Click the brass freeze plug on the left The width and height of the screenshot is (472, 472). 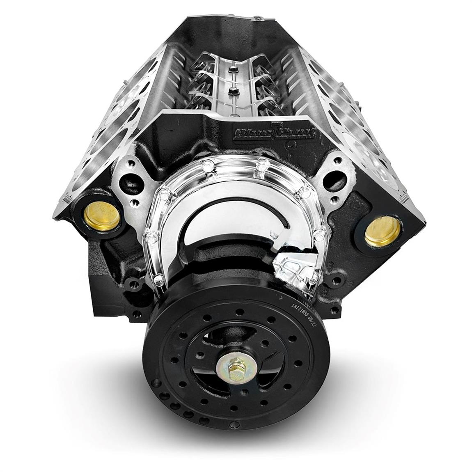tap(101, 216)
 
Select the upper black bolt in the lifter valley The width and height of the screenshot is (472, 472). tap(232, 69)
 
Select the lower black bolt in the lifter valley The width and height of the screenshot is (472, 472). tap(234, 89)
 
